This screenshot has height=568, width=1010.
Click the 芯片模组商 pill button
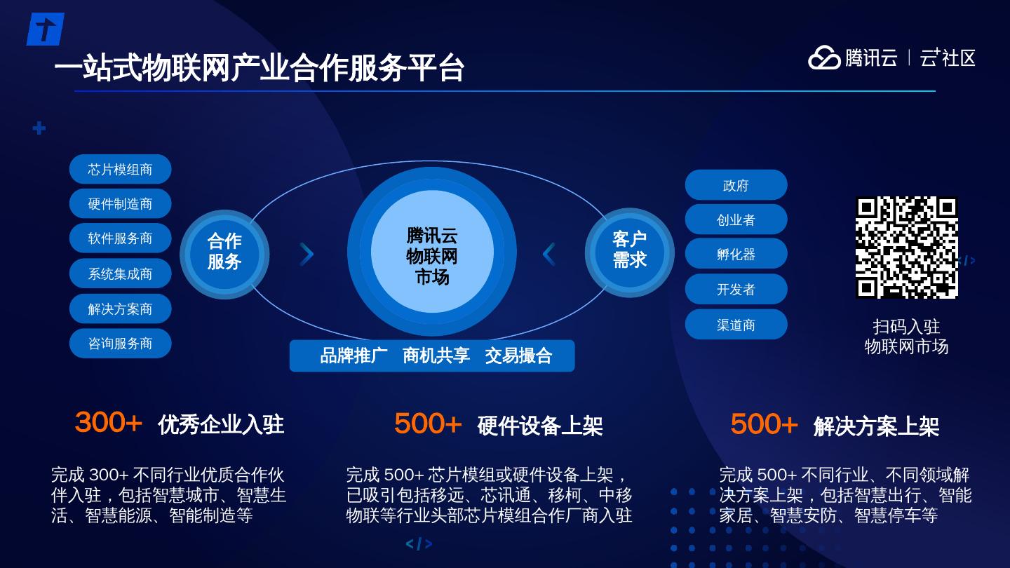[x=121, y=169]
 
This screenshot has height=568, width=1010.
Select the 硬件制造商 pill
[x=121, y=204]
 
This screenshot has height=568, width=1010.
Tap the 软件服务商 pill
[x=121, y=238]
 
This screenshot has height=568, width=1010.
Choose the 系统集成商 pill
[x=121, y=273]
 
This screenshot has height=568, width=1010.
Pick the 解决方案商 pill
[x=121, y=309]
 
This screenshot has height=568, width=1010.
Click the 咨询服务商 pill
[x=121, y=344]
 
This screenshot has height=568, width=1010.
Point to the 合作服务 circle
[x=224, y=255]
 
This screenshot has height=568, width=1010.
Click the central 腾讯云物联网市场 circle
[x=432, y=252]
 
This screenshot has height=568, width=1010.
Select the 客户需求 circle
[x=629, y=252]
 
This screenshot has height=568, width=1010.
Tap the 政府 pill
[x=736, y=185]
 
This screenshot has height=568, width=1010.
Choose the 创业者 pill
[x=736, y=219]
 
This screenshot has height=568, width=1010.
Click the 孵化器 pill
[x=736, y=254]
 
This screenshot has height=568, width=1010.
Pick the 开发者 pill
[x=736, y=289]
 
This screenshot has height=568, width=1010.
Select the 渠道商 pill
[x=736, y=325]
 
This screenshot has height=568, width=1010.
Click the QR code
[x=907, y=248]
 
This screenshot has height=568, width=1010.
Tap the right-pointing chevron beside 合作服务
[x=307, y=254]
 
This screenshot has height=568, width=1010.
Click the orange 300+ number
[x=108, y=422]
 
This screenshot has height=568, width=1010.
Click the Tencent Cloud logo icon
[x=824, y=58]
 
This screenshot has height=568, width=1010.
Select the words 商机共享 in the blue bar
[x=436, y=356]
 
